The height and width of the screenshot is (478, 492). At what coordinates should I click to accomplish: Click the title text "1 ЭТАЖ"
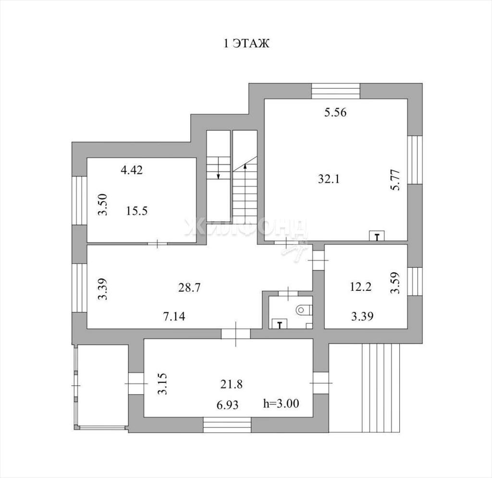click(x=246, y=43)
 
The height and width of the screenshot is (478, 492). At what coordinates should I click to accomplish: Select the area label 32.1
click(x=329, y=179)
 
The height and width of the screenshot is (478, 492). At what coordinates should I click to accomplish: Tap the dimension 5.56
click(x=335, y=112)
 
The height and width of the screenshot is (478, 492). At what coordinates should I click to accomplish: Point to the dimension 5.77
click(x=396, y=179)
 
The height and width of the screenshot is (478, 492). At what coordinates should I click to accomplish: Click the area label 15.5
click(x=137, y=211)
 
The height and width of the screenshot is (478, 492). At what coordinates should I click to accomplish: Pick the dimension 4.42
click(x=132, y=170)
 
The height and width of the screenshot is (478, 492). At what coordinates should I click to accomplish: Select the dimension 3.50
click(x=103, y=204)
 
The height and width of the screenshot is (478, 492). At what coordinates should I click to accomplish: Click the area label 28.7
click(x=189, y=287)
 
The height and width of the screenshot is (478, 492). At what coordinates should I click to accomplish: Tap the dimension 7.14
click(x=174, y=316)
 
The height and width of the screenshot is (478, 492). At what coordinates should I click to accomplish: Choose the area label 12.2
click(x=361, y=287)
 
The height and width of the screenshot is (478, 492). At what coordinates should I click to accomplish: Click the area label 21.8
click(x=231, y=384)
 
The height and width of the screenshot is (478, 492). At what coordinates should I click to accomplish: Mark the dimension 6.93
click(x=228, y=405)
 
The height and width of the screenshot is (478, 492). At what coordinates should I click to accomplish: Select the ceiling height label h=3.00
click(x=281, y=403)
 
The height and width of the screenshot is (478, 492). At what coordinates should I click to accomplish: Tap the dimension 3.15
click(x=162, y=384)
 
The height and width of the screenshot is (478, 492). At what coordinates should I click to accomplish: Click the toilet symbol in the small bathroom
click(x=304, y=311)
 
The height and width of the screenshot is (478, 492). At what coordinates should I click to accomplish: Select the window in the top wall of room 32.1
click(x=335, y=91)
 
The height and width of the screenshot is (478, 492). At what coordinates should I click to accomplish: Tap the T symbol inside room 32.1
click(x=377, y=236)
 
